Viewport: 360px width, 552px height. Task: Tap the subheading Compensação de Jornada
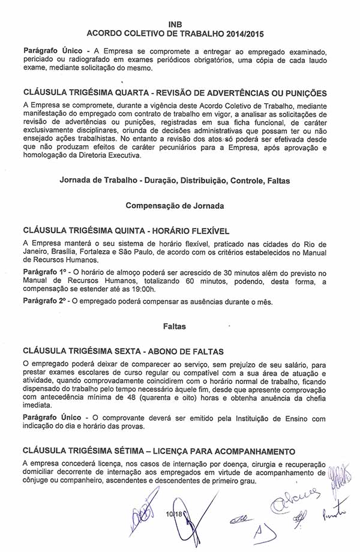point(175,205)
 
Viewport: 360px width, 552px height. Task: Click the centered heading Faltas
point(175,326)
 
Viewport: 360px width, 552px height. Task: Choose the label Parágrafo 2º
point(45,302)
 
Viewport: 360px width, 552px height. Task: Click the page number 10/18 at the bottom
point(175,515)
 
